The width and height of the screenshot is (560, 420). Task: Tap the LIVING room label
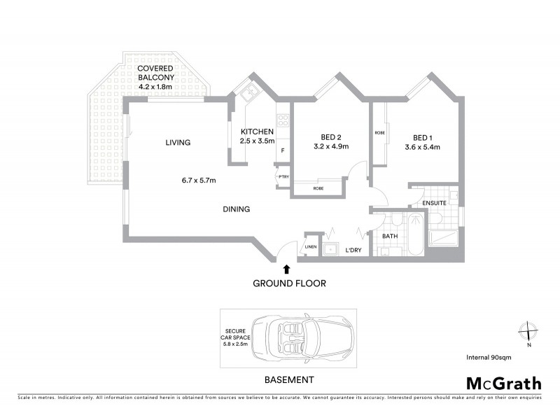tap(178, 143)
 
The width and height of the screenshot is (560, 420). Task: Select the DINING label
tap(237, 209)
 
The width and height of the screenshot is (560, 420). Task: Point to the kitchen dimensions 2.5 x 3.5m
tap(257, 141)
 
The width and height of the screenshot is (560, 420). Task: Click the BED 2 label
tap(331, 137)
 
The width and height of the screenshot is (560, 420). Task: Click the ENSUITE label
tap(433, 204)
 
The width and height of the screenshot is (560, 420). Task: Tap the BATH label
tap(389, 236)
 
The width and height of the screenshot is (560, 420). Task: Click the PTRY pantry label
tap(283, 176)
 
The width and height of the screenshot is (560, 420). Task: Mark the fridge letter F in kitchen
tap(283, 150)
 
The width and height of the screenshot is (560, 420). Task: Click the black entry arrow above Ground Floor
tap(286, 267)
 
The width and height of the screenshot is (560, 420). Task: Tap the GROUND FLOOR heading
tap(289, 283)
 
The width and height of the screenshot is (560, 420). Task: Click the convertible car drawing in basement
tap(301, 337)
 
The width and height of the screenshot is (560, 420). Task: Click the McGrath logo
tap(503, 383)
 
